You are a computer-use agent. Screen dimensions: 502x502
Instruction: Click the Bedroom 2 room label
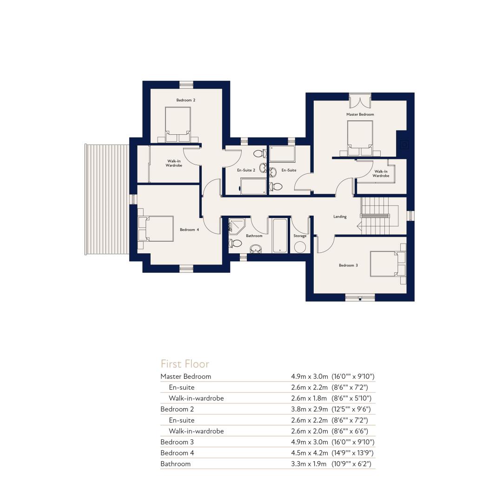click(x=185, y=100)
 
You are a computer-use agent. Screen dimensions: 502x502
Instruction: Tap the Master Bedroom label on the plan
click(x=360, y=114)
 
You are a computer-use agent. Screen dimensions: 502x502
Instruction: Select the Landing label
click(x=340, y=217)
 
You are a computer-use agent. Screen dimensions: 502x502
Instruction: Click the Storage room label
click(x=300, y=236)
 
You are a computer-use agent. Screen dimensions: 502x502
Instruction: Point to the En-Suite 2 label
click(x=246, y=170)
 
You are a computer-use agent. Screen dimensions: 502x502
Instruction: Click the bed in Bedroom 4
click(x=156, y=229)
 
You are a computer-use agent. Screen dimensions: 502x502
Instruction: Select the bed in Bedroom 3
click(x=388, y=264)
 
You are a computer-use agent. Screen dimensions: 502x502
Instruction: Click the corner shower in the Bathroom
click(x=237, y=226)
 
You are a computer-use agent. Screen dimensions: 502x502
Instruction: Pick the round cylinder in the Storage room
click(x=300, y=247)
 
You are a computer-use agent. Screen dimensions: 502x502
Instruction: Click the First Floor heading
click(x=185, y=364)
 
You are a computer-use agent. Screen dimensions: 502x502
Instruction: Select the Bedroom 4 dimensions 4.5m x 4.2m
click(x=310, y=453)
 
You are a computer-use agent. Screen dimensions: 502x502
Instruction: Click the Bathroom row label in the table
click(x=175, y=464)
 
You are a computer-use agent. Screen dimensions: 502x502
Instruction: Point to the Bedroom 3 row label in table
click(x=177, y=442)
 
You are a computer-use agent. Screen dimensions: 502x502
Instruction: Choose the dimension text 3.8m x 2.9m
click(x=310, y=409)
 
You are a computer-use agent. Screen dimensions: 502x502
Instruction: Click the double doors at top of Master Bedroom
click(x=360, y=101)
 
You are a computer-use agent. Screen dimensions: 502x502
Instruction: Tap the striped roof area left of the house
click(x=106, y=199)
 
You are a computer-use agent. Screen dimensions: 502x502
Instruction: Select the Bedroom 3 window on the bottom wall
click(x=360, y=298)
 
